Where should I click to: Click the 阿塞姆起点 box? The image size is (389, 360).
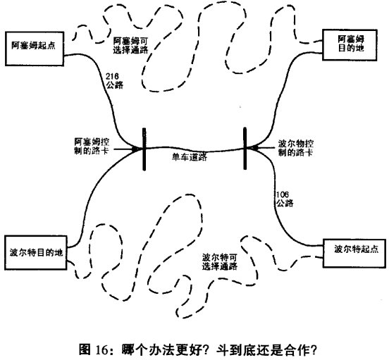(35, 49)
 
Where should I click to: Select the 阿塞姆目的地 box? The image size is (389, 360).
(350, 45)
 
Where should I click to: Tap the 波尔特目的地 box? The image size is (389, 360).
(36, 253)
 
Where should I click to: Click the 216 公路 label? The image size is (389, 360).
(114, 80)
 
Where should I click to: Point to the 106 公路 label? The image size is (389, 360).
(285, 199)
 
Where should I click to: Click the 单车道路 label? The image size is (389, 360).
(190, 157)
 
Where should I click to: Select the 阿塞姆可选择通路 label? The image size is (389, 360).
(131, 45)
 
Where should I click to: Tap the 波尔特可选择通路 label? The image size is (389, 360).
(220, 261)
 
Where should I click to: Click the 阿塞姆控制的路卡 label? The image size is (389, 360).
(92, 147)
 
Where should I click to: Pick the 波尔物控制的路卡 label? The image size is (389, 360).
(295, 148)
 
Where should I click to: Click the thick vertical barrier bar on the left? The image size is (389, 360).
(144, 149)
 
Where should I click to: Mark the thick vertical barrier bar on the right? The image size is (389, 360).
(245, 148)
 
